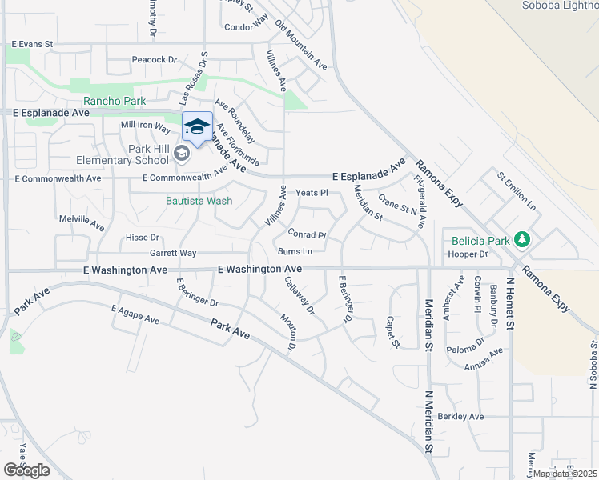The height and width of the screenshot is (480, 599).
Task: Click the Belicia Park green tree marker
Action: pos(522,238)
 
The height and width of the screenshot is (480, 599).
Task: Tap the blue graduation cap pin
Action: pos(197,127)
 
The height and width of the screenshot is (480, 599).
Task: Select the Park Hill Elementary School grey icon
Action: pos(182,154)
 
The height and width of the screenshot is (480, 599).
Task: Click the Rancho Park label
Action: pos(115,101)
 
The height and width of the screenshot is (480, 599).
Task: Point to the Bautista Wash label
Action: pos(199,201)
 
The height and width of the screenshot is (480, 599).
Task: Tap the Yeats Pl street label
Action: pos(312,193)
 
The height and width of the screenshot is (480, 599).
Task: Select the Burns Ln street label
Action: pos(295,251)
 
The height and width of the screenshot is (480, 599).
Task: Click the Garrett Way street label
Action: pos(173,253)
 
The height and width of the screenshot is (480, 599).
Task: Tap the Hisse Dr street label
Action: pos(143,238)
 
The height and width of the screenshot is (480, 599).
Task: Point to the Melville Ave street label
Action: pos(82,218)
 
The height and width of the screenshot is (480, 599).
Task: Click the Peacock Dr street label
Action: pos(154,59)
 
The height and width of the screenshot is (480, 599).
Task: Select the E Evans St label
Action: pos(32,44)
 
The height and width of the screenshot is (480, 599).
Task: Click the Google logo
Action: pos(26,470)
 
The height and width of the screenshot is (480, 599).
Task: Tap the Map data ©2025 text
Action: pos(564,474)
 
